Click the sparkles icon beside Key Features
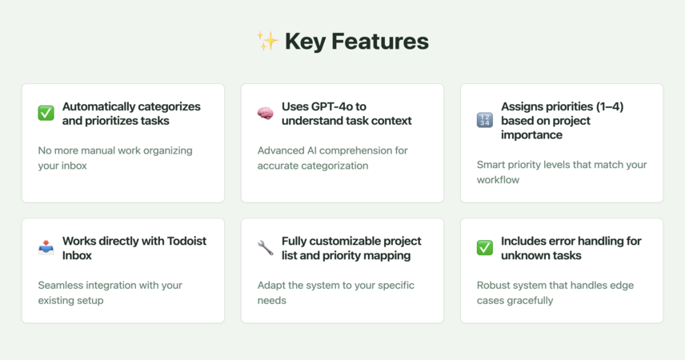tap(267, 41)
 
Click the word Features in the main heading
tap(380, 42)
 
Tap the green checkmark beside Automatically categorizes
tap(46, 113)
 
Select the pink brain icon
tap(265, 114)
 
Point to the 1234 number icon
tap(484, 120)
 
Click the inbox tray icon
tap(46, 248)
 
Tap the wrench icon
tap(265, 248)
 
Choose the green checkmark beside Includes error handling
tap(484, 248)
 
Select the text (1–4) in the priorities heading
tap(610, 106)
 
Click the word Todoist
tap(186, 241)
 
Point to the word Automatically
tap(98, 106)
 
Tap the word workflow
tap(498, 180)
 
